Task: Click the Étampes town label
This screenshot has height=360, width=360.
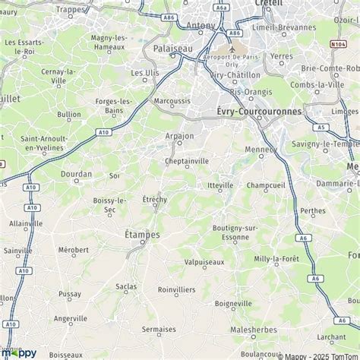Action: (x=142, y=235)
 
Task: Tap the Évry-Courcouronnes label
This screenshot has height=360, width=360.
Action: (x=254, y=112)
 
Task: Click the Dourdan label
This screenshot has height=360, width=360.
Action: (x=77, y=174)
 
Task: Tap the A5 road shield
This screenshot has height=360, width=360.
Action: (x=322, y=128)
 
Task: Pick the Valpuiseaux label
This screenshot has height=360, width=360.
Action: (x=205, y=262)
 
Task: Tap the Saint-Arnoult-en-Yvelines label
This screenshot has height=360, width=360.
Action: (x=44, y=143)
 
